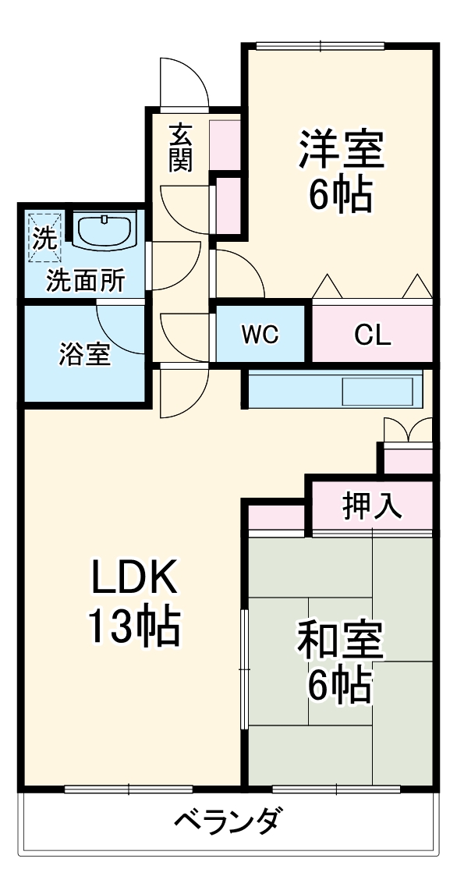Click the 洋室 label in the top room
[341, 150]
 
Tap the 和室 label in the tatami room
[339, 640]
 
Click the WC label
[260, 335]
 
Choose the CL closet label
[372, 335]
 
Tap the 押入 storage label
[372, 506]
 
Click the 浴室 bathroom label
[84, 354]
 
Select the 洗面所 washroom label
[84, 280]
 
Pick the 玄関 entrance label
[181, 147]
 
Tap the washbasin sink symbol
[105, 229]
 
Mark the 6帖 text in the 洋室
[339, 195]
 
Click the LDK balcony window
[129, 789]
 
